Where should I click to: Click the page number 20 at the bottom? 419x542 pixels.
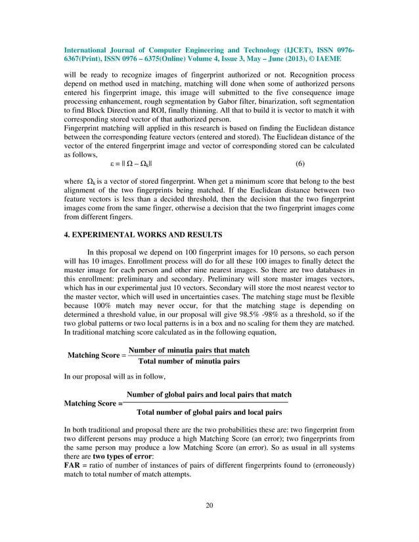coord(209,505)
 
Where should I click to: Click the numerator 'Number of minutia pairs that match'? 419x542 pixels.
coord(189,349)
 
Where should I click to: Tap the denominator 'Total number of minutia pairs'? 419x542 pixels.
coord(188,362)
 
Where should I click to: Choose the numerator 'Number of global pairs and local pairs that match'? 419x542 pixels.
coord(209,394)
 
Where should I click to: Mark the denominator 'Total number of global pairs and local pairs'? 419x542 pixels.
coord(209,413)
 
